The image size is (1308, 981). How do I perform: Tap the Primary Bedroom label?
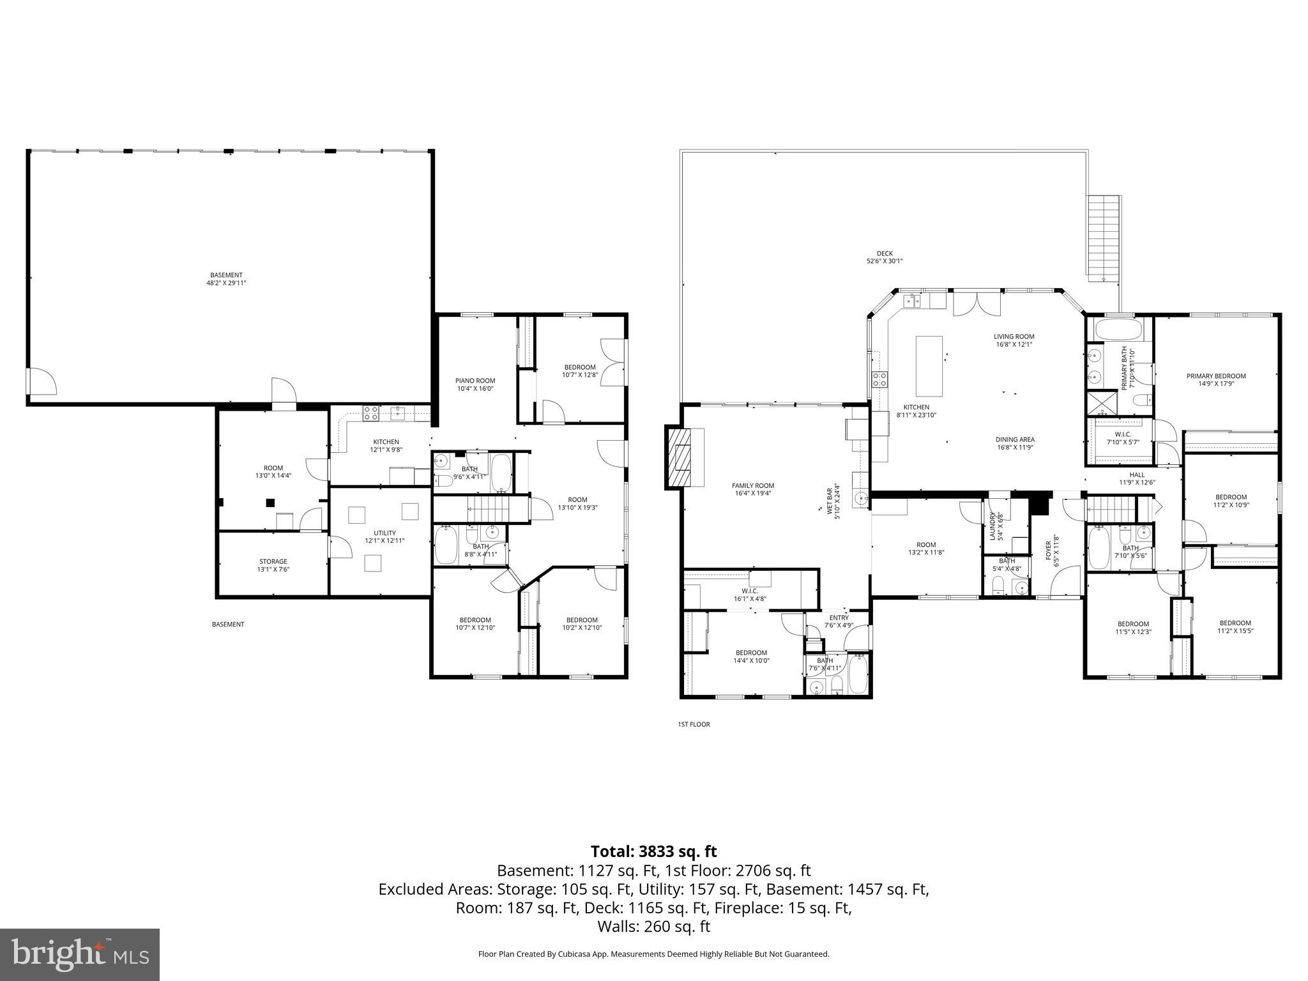tap(1215, 380)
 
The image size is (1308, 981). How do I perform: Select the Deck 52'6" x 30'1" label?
tap(884, 257)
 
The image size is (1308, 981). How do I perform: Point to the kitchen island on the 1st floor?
tap(929, 366)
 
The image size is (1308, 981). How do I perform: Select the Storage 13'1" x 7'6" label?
tap(273, 565)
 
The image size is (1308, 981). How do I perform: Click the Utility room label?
tap(384, 536)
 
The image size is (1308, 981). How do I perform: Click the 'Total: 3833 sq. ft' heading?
tap(653, 851)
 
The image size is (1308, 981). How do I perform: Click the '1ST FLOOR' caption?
tap(694, 724)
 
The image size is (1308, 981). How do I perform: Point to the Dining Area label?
tap(1014, 443)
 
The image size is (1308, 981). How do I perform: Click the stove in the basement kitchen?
tap(370, 414)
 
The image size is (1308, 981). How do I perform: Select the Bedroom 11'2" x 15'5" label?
tap(1235, 627)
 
